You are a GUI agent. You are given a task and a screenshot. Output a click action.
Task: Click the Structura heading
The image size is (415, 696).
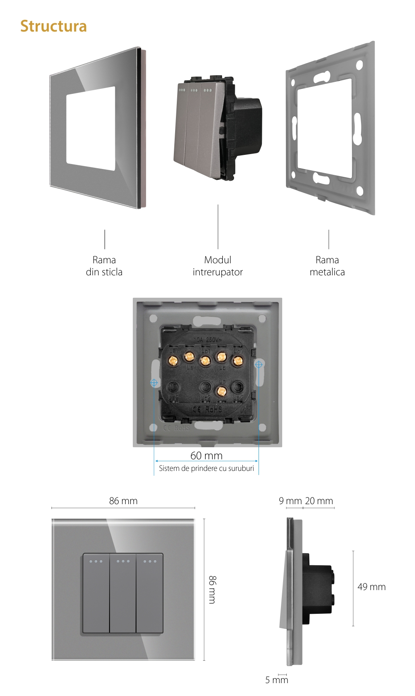pyautogui.click(x=54, y=26)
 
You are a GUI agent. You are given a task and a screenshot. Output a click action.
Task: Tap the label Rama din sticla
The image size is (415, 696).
pyautogui.click(x=104, y=266)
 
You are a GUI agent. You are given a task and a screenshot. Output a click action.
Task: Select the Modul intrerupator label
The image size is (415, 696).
pyautogui.click(x=217, y=266)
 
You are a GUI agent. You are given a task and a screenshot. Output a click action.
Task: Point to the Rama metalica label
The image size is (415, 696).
pyautogui.click(x=327, y=266)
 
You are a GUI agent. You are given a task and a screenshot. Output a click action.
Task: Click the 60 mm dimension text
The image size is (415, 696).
pyautogui.click(x=206, y=456)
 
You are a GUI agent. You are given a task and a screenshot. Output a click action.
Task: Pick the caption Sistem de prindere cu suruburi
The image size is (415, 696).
pyautogui.click(x=206, y=468)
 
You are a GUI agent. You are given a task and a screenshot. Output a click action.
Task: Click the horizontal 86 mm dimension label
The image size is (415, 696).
pyautogui.click(x=123, y=501)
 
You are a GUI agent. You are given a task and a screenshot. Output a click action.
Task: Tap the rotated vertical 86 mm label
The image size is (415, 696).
pyautogui.click(x=212, y=589)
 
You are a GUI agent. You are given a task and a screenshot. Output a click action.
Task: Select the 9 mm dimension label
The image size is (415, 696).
pyautogui.click(x=290, y=501)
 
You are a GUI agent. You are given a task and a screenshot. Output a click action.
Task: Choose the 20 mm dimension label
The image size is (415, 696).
pyautogui.click(x=319, y=501)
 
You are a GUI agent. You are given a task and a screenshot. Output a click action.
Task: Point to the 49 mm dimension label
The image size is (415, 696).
pyautogui.click(x=371, y=587)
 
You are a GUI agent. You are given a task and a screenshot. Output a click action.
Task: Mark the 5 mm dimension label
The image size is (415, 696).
pyautogui.click(x=276, y=680)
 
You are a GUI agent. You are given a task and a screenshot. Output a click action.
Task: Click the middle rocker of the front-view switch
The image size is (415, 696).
pyautogui.click(x=123, y=593)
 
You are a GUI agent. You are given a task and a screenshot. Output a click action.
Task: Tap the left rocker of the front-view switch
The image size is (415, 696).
pyautogui.click(x=96, y=593)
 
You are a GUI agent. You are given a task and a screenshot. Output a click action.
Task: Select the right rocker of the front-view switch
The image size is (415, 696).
pyautogui.click(x=149, y=593)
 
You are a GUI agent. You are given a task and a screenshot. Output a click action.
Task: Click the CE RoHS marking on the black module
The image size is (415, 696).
pyautogui.click(x=207, y=409)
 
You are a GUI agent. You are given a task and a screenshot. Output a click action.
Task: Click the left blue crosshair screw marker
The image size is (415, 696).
pyautogui.click(x=154, y=382)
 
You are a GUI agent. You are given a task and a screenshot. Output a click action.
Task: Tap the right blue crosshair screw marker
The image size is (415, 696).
pyautogui.click(x=259, y=365)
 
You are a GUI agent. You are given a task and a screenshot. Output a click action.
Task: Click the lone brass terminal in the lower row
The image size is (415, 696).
pyautogui.click(x=221, y=391)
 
